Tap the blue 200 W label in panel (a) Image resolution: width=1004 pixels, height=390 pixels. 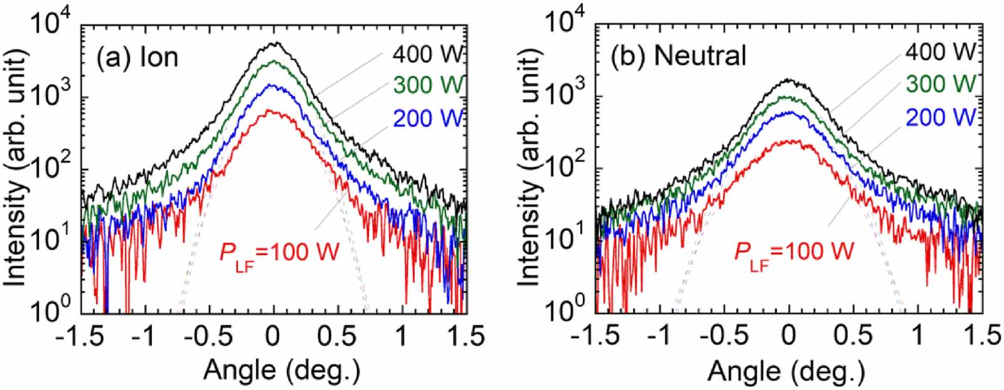(x=428, y=117)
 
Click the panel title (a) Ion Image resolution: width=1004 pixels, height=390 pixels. (x=137, y=57)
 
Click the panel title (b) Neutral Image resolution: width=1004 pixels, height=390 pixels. (x=679, y=56)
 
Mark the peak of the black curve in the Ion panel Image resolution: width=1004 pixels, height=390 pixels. (x=274, y=43)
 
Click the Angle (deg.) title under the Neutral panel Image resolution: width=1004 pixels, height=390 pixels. (x=786, y=371)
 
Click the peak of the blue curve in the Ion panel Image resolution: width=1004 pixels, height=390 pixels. (x=273, y=85)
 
